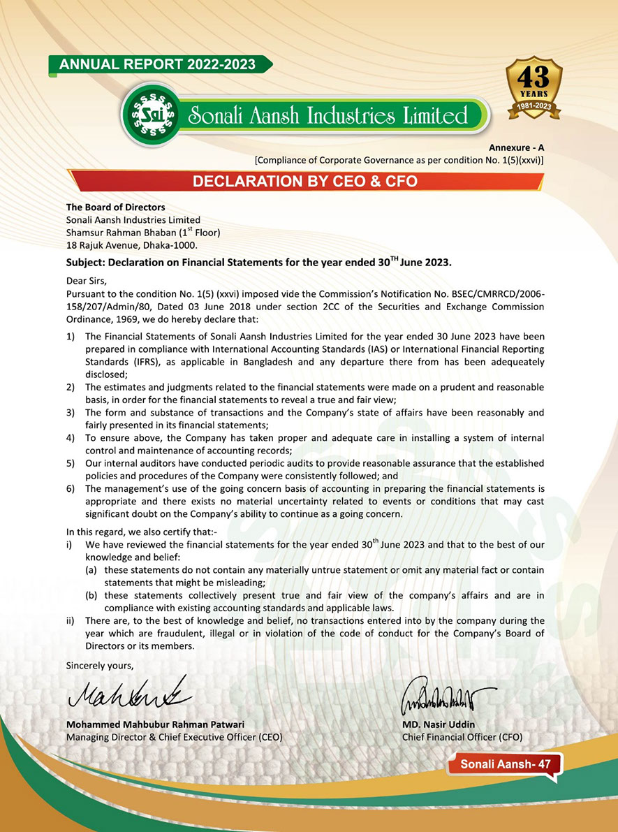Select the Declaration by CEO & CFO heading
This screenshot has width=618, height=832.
[305, 182]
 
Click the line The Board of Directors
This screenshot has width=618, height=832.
[115, 207]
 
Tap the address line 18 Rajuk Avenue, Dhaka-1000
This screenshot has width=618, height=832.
[132, 245]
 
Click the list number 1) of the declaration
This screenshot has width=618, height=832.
[71, 337]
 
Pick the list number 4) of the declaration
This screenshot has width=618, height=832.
[71, 438]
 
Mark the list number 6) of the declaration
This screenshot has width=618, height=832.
[71, 488]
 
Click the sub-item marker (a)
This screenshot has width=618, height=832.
[91, 570]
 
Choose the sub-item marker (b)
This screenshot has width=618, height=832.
[91, 595]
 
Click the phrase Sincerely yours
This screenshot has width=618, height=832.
[99, 665]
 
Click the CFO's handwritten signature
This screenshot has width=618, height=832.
[448, 694]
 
